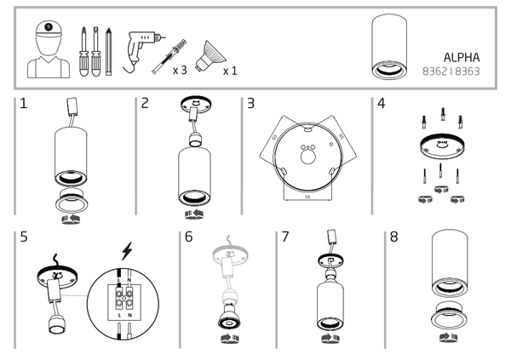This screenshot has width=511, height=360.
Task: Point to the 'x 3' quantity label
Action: pyautogui.click(x=180, y=70)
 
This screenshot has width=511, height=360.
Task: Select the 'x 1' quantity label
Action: pyautogui.click(x=230, y=70)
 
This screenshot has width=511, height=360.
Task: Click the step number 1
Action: pyautogui.click(x=24, y=105)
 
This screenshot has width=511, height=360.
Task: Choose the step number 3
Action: pyautogui.click(x=250, y=105)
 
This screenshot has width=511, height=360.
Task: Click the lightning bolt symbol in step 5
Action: pyautogui.click(x=128, y=252)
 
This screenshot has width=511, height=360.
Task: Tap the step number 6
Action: pyautogui.click(x=189, y=237)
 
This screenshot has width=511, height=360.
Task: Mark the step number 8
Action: pyautogui.click(x=393, y=237)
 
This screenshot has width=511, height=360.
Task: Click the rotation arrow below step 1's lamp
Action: pyautogui.click(x=71, y=215)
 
